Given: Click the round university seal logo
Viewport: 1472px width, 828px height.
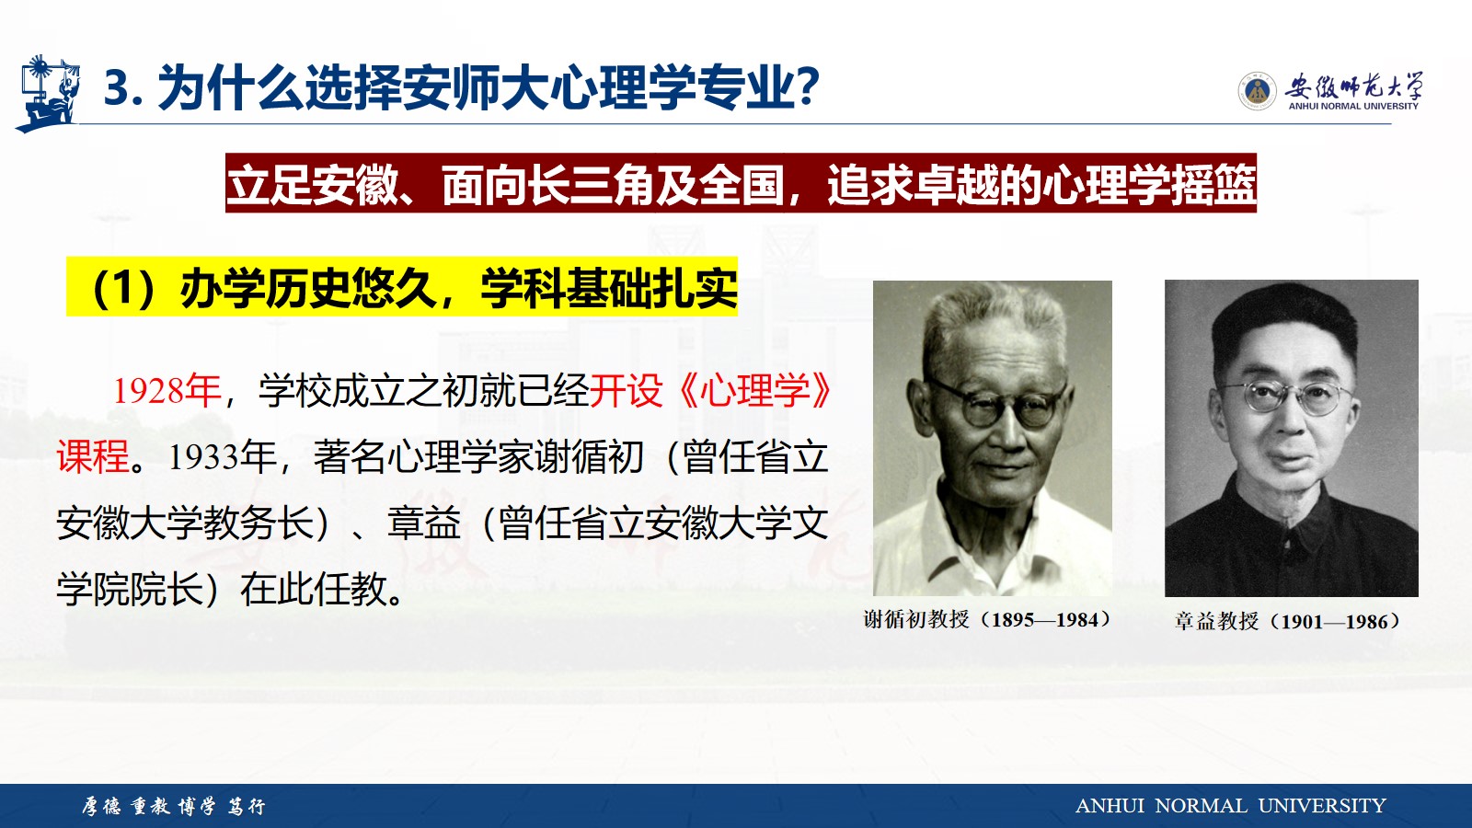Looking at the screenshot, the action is tap(1257, 91).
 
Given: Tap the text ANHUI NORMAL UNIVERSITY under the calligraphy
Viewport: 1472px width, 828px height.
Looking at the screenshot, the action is tap(1353, 107).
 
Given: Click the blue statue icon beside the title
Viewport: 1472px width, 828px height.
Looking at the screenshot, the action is tap(47, 93).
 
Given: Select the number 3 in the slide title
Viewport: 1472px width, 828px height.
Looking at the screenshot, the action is tap(118, 88).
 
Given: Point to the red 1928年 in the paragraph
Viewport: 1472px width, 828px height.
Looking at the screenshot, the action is tap(167, 391).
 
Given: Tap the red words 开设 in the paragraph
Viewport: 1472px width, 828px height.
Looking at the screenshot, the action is tap(626, 391).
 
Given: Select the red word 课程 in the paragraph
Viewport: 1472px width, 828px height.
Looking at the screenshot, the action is tap(93, 456).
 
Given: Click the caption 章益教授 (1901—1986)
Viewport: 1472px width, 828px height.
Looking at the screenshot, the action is tap(1288, 621).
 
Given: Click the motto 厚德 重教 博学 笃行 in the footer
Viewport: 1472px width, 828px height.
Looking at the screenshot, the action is tap(174, 806).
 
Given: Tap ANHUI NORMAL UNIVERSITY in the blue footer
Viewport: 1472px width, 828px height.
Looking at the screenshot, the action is tap(1230, 806).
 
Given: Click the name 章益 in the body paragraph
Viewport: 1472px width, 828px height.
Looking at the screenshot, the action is tap(424, 523).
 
